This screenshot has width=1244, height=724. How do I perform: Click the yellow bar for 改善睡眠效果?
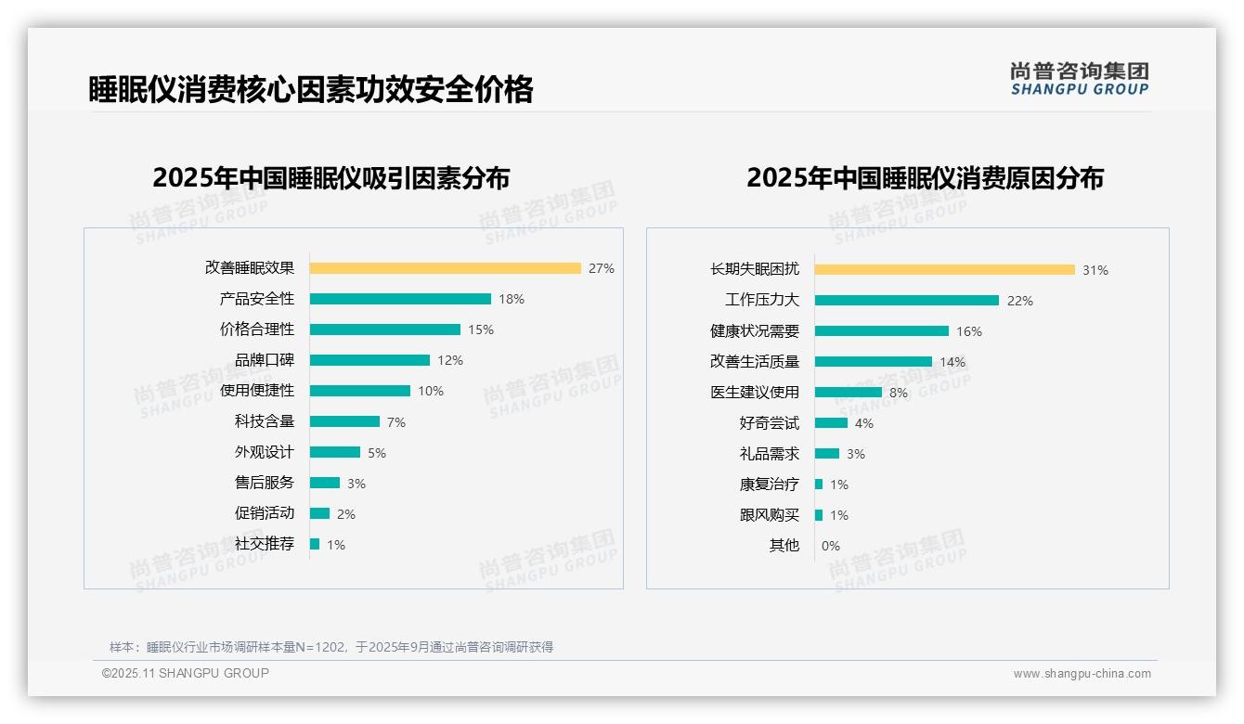[445, 268]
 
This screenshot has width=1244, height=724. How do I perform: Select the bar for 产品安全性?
[400, 299]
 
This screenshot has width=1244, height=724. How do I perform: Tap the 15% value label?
[481, 330]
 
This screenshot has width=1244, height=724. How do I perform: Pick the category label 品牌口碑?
[264, 360]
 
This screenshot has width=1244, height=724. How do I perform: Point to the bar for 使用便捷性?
[360, 391]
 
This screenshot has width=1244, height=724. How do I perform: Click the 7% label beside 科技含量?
[396, 422]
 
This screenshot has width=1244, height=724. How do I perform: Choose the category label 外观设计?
[264, 452]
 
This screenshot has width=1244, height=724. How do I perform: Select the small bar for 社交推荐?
[315, 544]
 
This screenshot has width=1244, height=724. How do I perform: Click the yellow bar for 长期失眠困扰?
[944, 270]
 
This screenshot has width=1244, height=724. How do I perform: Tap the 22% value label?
[1020, 301]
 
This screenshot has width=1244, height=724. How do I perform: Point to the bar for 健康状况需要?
[882, 331]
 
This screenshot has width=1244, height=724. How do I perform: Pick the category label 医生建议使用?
[754, 393]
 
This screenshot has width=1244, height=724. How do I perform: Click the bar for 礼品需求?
[827, 454]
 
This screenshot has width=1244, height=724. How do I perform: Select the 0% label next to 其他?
[831, 546]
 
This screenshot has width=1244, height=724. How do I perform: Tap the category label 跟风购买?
[769, 515]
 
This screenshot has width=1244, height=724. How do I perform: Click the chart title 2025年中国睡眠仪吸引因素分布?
[331, 177]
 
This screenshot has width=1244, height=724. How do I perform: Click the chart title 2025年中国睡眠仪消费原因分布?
[925, 177]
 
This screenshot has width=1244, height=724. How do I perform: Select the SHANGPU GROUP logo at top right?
[1079, 79]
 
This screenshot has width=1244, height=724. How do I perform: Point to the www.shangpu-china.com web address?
[1082, 674]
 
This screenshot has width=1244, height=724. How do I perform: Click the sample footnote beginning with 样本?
[331, 647]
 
